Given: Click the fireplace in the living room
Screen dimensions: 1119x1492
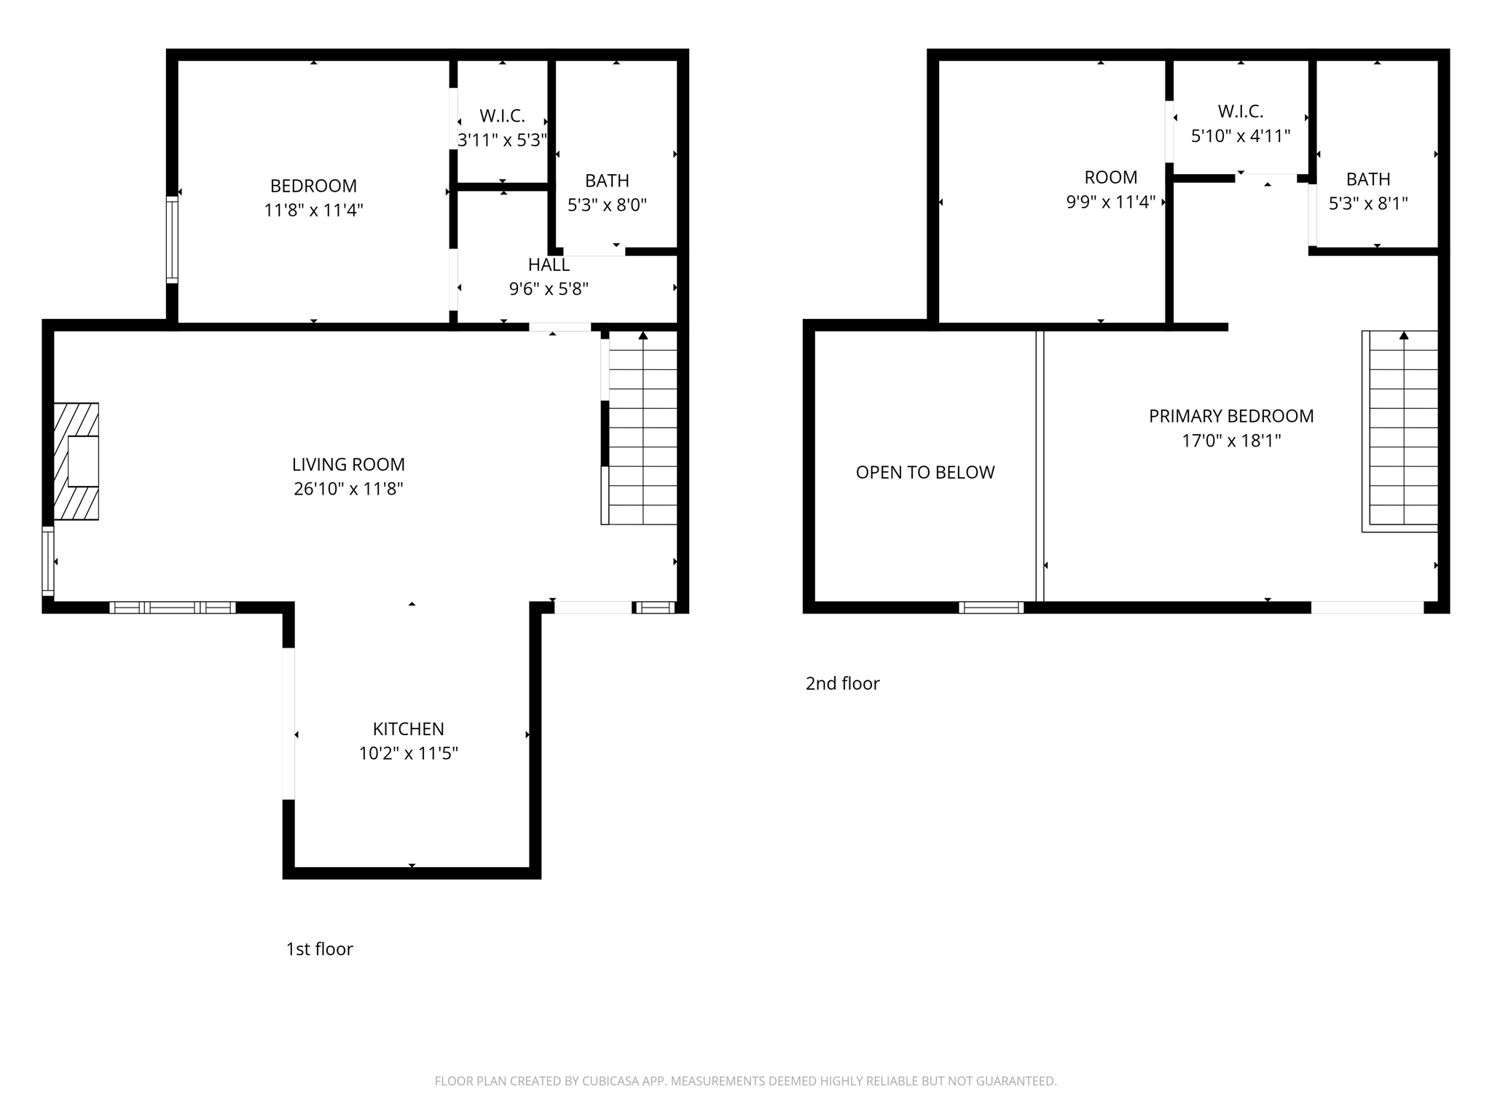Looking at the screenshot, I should pos(76,461).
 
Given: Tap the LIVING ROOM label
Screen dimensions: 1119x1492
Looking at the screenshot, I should pos(348,465).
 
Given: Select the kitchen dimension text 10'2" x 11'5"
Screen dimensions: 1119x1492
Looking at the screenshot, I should pos(408,753).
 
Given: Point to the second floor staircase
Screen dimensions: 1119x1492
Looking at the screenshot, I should pos(1402,430).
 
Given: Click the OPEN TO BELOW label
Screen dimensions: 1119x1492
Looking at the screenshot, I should pos(924,473).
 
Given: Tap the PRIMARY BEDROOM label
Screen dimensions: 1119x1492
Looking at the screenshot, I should pos(1231,416).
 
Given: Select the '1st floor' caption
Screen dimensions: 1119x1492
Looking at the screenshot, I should pos(319,949).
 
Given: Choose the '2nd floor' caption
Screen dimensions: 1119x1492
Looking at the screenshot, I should pos(842,683).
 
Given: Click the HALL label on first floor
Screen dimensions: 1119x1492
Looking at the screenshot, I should pos(549,265).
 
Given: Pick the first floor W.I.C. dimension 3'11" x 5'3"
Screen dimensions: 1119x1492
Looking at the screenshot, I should pos(502,140).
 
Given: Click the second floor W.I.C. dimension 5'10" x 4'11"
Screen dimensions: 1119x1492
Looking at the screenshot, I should pos(1241,136).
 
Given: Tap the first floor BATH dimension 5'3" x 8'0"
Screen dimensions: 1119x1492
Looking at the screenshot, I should pos(607,205).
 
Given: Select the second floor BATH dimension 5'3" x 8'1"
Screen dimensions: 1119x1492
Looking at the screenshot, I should pos(1367,203).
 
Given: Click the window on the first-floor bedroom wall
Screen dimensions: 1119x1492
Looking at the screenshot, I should pos(172,240).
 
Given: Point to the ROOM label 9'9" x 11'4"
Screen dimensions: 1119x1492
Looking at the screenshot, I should pos(1110,178).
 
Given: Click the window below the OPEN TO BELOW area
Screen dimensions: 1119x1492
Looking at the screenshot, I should pos(991,608).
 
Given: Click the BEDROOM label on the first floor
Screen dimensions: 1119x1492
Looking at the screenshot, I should pos(313,186).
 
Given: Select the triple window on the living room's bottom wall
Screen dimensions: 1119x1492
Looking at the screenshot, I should pos(173,608).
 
